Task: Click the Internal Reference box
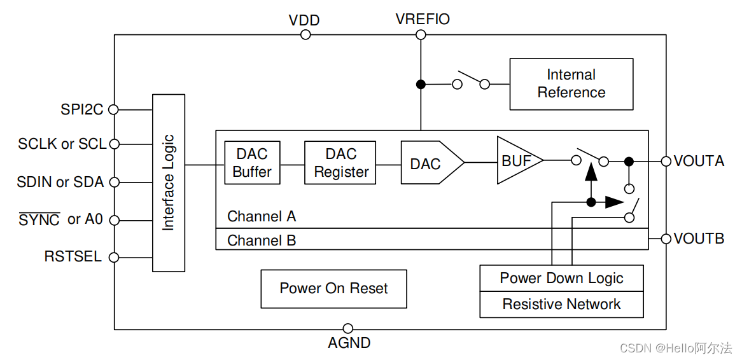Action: coord(571,84)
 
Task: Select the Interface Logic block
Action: coord(169,183)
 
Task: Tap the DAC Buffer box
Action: coord(252,163)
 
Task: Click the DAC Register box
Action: coord(340,163)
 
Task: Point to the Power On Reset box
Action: coord(333,289)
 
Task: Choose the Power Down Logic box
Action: coord(561,278)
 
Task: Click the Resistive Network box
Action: coord(561,304)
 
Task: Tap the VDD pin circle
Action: coord(305,34)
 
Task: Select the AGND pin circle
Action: coord(347,329)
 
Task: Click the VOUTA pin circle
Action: coord(666,162)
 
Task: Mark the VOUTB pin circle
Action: coord(666,239)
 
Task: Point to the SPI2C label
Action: coord(82,109)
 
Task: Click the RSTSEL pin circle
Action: coord(114,258)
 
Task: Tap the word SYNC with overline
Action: coord(39,220)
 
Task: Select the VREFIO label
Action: coord(423,19)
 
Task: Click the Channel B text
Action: coord(262,240)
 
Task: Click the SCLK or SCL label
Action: coord(62,144)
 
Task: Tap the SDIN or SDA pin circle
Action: coord(114,183)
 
